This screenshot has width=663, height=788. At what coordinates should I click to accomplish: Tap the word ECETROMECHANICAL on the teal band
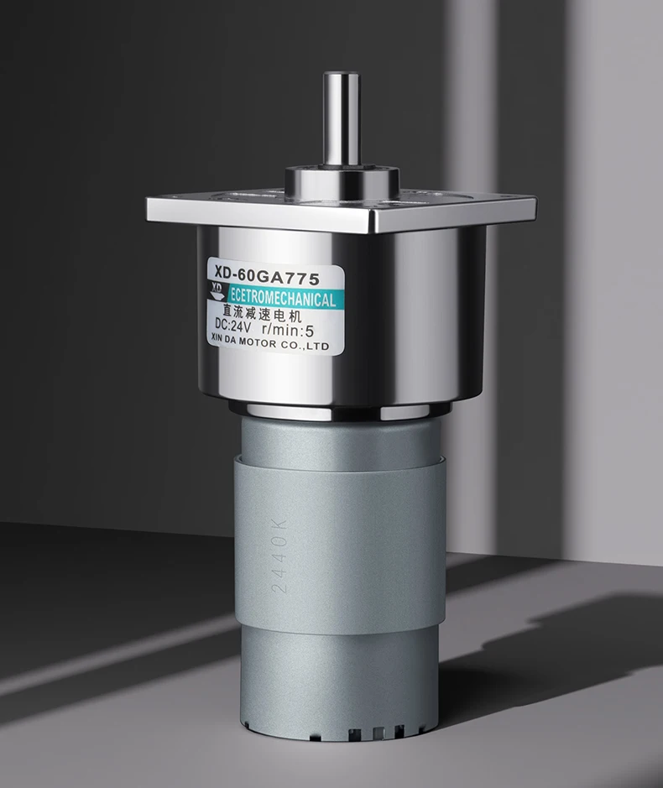[283, 299]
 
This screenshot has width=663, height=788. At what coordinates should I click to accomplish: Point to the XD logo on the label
[217, 291]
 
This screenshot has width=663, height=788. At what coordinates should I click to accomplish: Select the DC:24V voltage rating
[232, 326]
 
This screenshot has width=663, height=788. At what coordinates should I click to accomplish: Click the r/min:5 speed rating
[288, 330]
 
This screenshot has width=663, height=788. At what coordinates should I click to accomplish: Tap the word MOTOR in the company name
[257, 342]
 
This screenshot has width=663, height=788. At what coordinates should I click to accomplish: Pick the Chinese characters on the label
[261, 314]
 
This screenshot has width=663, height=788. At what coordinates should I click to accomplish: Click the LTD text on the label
[318, 347]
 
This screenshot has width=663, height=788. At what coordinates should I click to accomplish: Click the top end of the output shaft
[341, 76]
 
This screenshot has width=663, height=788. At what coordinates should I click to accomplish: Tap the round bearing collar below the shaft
[342, 182]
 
